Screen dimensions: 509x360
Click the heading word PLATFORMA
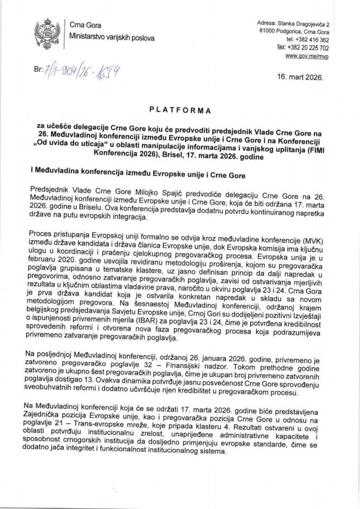tap(180, 111)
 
